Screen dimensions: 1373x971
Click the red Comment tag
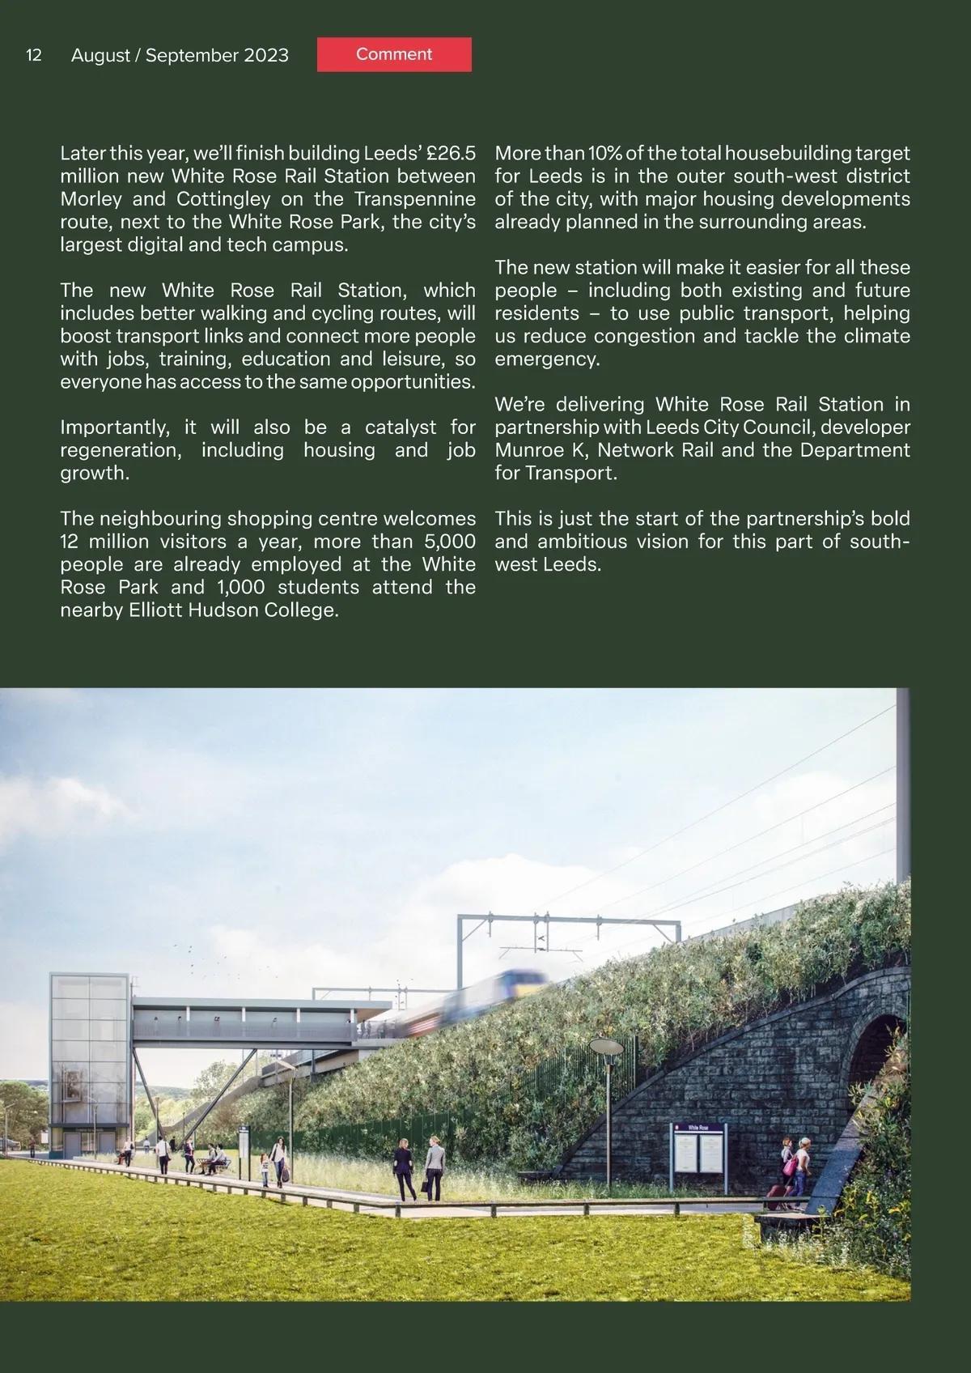(x=394, y=54)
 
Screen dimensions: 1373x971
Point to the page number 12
(x=34, y=55)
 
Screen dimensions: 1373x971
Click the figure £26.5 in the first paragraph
(x=451, y=153)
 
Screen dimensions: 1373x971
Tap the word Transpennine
(x=415, y=199)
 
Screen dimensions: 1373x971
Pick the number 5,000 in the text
(x=449, y=542)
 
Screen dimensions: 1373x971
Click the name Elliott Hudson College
(x=233, y=610)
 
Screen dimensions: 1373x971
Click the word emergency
(x=547, y=359)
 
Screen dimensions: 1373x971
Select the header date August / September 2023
(x=180, y=55)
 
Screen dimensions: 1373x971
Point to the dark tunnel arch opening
(x=879, y=1077)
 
